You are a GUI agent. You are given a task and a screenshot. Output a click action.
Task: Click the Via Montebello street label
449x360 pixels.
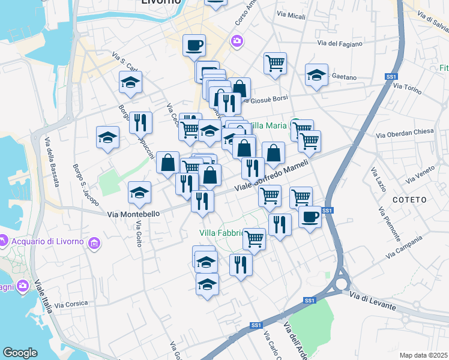pyautogui.click(x=134, y=214)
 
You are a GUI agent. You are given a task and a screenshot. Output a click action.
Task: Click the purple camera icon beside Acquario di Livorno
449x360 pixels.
pyautogui.click(x=94, y=243)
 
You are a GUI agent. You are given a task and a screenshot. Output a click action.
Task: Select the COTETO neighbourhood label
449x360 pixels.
pyautogui.click(x=409, y=199)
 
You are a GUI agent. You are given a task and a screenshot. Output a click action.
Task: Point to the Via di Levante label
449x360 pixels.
pyautogui.click(x=372, y=300)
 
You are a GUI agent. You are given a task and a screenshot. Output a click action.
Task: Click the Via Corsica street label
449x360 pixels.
pyautogui.click(x=71, y=305)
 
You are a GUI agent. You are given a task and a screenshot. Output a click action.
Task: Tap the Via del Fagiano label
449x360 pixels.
pyautogui.click(x=340, y=43)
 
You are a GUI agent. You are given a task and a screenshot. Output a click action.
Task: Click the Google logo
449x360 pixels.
pyautogui.click(x=20, y=353)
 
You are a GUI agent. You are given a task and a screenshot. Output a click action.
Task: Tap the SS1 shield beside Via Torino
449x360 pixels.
pyautogui.click(x=391, y=77)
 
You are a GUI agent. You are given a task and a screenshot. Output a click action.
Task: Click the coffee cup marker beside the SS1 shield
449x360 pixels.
pyautogui.click(x=310, y=217)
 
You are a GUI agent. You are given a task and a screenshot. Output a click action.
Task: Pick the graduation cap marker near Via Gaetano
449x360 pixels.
pyautogui.click(x=316, y=75)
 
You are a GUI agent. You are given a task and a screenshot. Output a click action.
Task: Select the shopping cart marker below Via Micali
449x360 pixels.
pyautogui.click(x=275, y=62)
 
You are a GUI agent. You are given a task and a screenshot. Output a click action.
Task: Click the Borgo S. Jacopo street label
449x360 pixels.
pyautogui.click(x=86, y=185)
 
